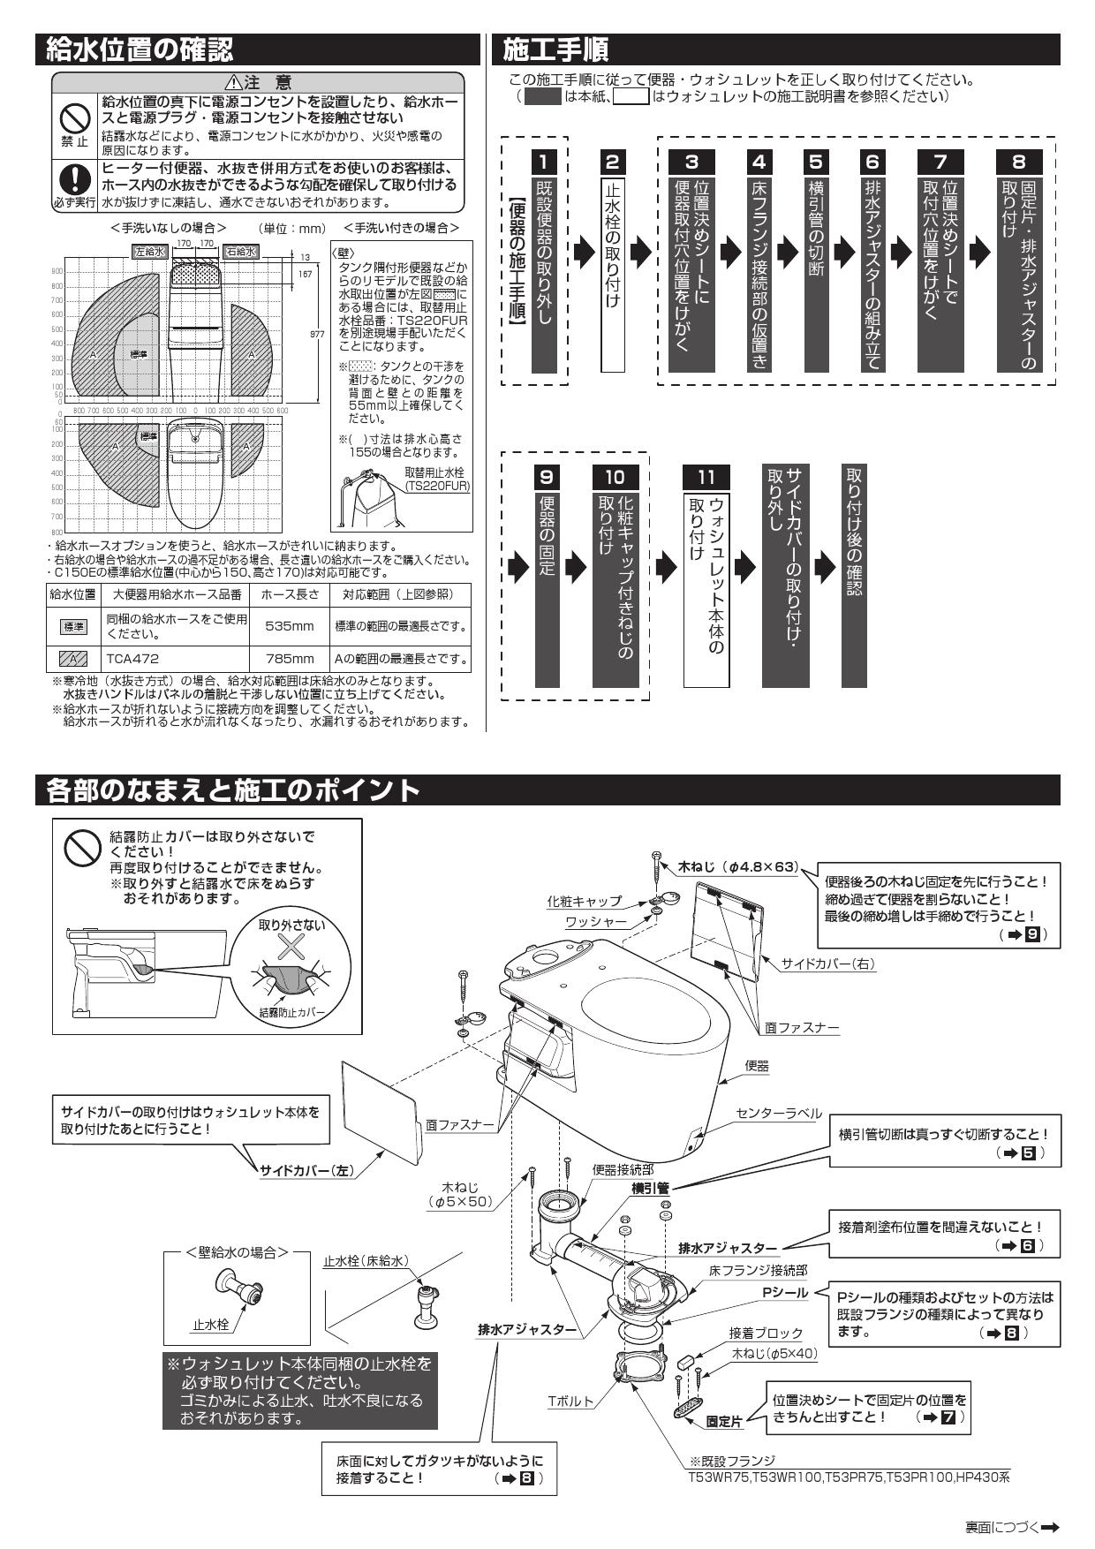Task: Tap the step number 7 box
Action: pyautogui.click(x=940, y=162)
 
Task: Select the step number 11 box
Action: pyautogui.click(x=706, y=477)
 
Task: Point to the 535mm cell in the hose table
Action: pyautogui.click(x=289, y=626)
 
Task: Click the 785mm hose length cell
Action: pyautogui.click(x=289, y=659)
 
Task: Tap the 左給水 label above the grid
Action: pyautogui.click(x=149, y=252)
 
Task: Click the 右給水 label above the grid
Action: pyautogui.click(x=239, y=252)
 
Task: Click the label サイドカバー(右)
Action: pyautogui.click(x=827, y=963)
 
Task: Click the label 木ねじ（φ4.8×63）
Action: pyautogui.click(x=737, y=868)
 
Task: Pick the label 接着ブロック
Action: pyautogui.click(x=765, y=1334)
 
